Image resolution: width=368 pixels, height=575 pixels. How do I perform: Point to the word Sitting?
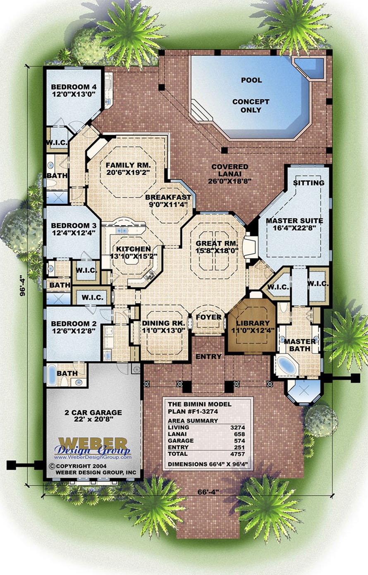(308, 183)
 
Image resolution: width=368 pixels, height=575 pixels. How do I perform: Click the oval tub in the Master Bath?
(287, 365)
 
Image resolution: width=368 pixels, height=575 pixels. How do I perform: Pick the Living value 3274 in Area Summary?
(237, 428)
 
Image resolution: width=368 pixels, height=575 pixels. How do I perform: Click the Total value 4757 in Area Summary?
(237, 454)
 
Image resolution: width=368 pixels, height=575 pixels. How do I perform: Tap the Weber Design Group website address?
(93, 457)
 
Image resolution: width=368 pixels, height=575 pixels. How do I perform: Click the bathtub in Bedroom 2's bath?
(53, 375)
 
